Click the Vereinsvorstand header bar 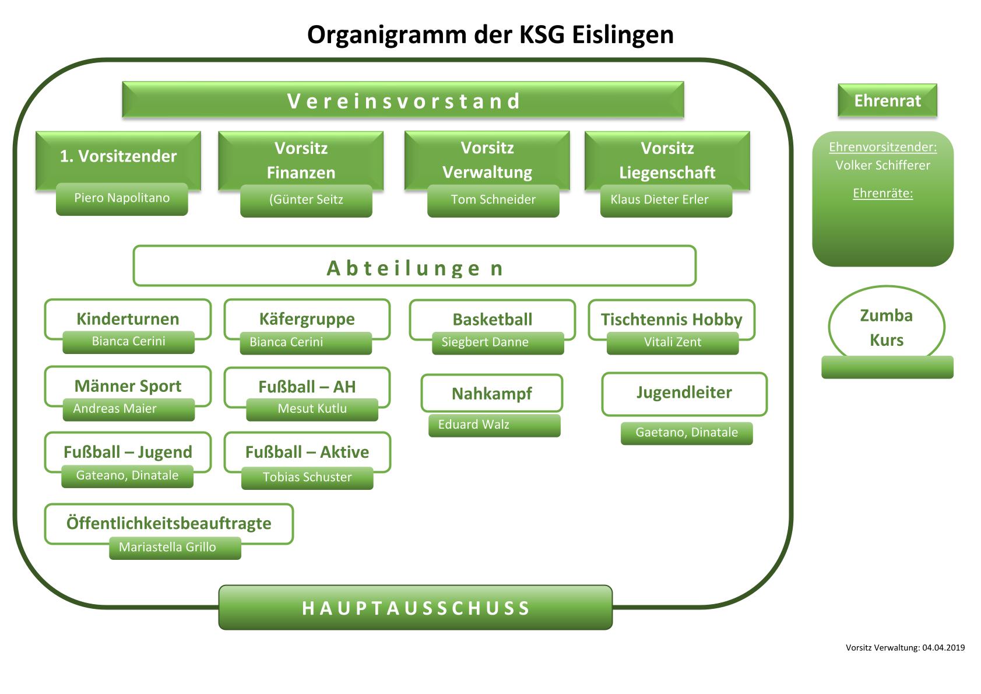[x=403, y=100]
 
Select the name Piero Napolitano [x=122, y=198]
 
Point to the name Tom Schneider [x=493, y=200]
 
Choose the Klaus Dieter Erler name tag [x=660, y=200]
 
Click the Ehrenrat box [x=887, y=101]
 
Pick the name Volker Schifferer [x=882, y=166]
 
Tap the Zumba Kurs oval [x=886, y=327]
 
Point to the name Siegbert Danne [x=485, y=342]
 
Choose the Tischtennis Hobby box [x=671, y=318]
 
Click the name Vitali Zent [x=673, y=342]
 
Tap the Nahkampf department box [x=491, y=393]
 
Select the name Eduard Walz [x=474, y=425]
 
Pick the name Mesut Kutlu [x=312, y=409]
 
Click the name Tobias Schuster [x=307, y=478]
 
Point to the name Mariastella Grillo [x=167, y=548]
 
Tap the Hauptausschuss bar [x=416, y=608]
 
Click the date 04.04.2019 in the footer [x=944, y=647]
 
